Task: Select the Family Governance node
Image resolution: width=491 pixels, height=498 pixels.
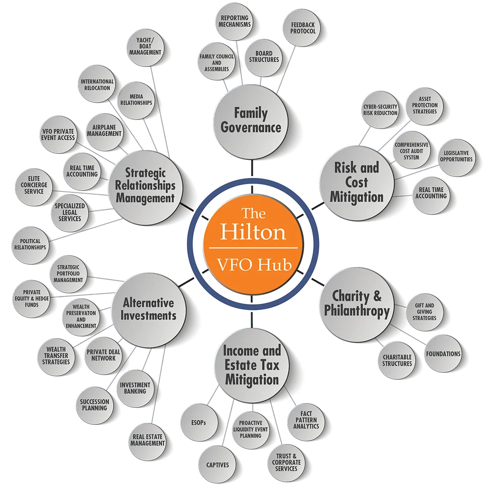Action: click(x=251, y=122)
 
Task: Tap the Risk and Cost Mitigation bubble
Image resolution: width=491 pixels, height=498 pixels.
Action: click(x=357, y=183)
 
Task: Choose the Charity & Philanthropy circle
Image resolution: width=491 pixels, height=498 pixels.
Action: click(x=357, y=305)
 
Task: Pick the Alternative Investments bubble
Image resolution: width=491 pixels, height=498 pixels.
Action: click(x=148, y=310)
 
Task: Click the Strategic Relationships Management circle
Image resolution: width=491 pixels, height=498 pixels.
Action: click(x=146, y=187)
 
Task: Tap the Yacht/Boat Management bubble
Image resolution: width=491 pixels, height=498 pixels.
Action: click(x=145, y=46)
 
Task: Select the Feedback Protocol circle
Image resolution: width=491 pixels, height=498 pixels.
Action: click(x=303, y=28)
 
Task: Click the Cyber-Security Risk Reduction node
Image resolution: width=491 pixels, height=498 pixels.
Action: click(x=380, y=110)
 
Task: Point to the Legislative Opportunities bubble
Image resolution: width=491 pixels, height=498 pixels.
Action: click(x=456, y=157)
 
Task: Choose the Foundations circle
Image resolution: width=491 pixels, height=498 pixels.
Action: click(x=443, y=354)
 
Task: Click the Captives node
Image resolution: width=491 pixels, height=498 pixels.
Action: click(x=218, y=465)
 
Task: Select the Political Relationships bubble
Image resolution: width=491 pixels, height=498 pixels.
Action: click(x=30, y=245)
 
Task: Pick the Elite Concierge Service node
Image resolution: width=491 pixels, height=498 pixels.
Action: click(x=33, y=186)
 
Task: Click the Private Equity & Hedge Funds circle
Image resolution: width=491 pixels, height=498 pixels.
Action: click(x=32, y=299)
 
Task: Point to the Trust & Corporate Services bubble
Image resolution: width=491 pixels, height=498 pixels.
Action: click(x=286, y=462)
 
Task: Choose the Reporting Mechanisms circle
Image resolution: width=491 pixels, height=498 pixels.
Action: click(x=234, y=21)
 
